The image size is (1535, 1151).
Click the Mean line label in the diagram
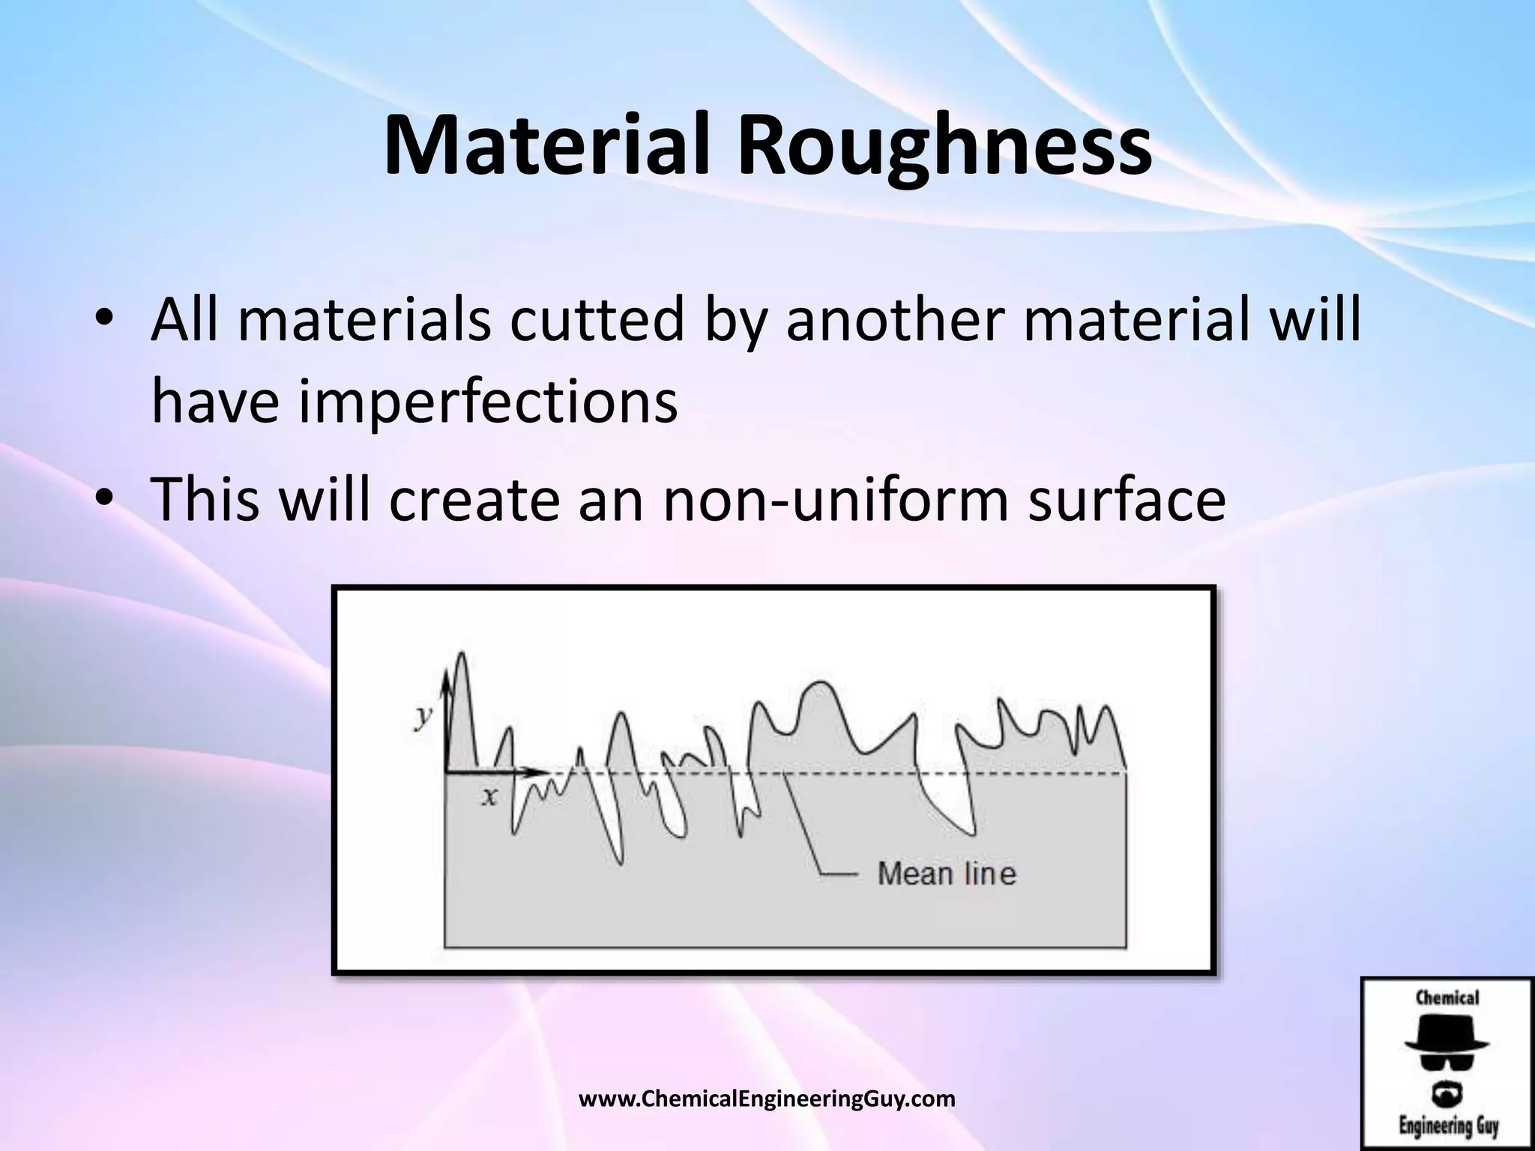[x=946, y=874]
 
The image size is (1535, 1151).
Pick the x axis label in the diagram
[x=489, y=796]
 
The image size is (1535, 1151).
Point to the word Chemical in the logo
[x=1447, y=998]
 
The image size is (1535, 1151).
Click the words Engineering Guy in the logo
[x=1447, y=1126]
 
